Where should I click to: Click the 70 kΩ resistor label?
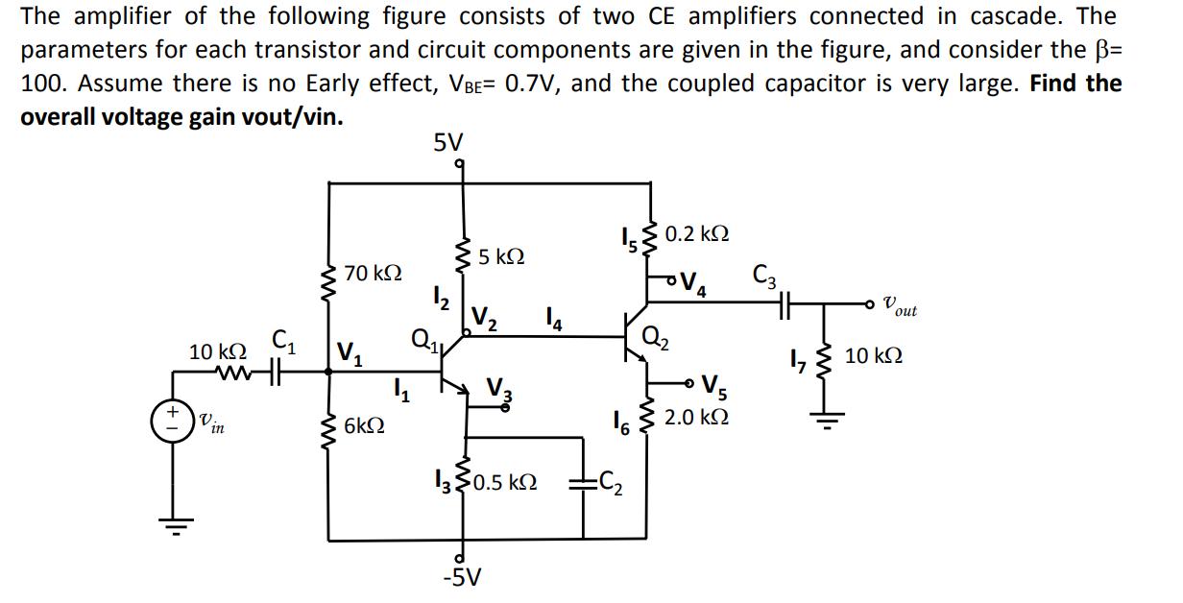pyautogui.click(x=373, y=273)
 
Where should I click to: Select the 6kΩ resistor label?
pyautogui.click(x=365, y=424)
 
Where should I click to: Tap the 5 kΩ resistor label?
pyautogui.click(x=501, y=257)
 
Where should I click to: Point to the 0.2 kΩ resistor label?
pyautogui.click(x=696, y=233)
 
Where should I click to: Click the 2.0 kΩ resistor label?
pyautogui.click(x=696, y=418)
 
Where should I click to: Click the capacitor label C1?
pyautogui.click(x=282, y=339)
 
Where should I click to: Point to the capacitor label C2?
pyautogui.click(x=611, y=483)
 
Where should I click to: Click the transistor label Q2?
pyautogui.click(x=656, y=337)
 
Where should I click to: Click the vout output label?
pyautogui.click(x=899, y=307)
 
